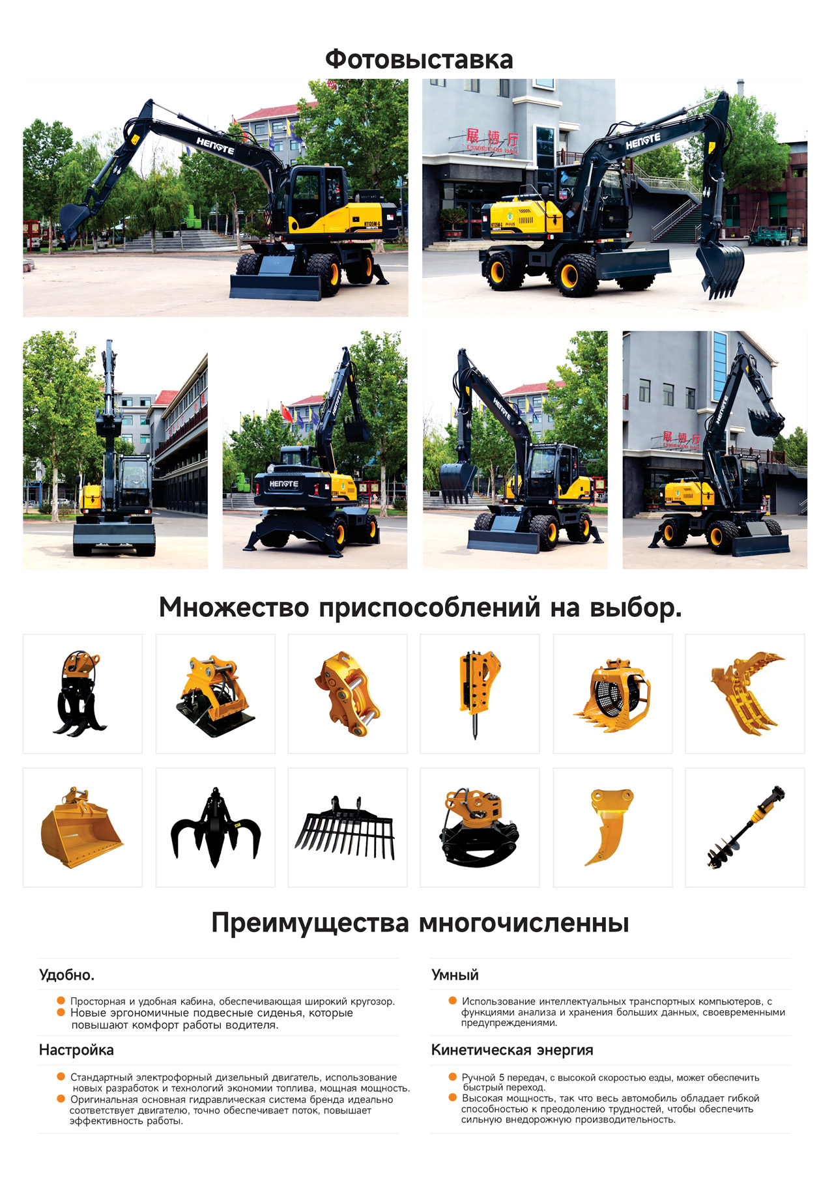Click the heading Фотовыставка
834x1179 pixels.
tap(419, 59)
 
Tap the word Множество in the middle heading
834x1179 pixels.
tap(234, 607)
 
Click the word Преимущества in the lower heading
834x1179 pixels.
tap(310, 924)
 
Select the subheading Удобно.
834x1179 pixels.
tap(66, 975)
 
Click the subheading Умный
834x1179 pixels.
tap(455, 975)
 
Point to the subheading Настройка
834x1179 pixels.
tap(76, 1050)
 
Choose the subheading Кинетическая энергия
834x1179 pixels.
tap(512, 1050)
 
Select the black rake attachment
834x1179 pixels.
tap(345, 829)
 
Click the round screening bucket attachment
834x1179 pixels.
tap(612, 696)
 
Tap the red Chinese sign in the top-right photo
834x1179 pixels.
tap(492, 139)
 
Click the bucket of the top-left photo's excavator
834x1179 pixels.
tap(75, 221)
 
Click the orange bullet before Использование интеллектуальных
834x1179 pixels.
tap(452, 1001)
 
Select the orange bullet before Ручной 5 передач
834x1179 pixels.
tap(452, 1077)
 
